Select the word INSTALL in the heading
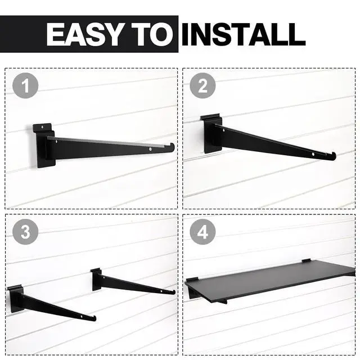coord(243,35)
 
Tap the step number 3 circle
coord(25,231)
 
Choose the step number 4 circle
coord(202,231)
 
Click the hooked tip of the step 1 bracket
coord(171,147)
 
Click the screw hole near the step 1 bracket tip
coord(151,150)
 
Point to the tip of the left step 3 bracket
coord(94,318)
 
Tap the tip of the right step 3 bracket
coord(173,292)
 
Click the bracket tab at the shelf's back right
coord(306,260)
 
